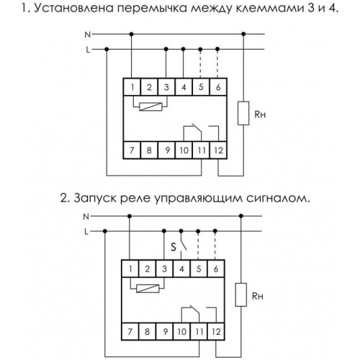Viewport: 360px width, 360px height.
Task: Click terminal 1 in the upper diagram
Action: (x=132, y=87)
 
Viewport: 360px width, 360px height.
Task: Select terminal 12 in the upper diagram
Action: (x=218, y=150)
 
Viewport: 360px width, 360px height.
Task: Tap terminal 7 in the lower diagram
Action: (x=130, y=332)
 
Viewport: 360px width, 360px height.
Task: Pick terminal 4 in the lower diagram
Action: (x=181, y=269)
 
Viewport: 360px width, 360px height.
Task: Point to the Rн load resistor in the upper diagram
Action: (x=243, y=113)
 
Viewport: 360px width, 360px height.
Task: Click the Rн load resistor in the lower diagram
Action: (x=241, y=294)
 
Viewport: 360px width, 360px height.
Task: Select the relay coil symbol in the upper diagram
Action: (x=150, y=107)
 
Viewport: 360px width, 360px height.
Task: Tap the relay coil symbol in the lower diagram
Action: (x=148, y=288)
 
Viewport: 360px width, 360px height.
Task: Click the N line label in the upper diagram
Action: (x=88, y=35)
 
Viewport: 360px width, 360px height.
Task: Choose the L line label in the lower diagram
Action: (x=86, y=232)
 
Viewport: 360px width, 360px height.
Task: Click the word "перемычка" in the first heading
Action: (x=156, y=9)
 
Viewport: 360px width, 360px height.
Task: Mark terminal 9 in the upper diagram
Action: (x=166, y=150)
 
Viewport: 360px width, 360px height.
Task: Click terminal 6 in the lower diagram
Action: (x=216, y=269)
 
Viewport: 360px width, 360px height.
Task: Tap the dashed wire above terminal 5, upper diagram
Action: (x=200, y=64)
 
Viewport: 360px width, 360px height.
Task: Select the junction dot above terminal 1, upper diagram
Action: (x=131, y=35)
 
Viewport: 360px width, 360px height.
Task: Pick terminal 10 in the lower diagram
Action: (x=181, y=332)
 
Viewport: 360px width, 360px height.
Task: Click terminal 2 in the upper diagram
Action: (x=149, y=87)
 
